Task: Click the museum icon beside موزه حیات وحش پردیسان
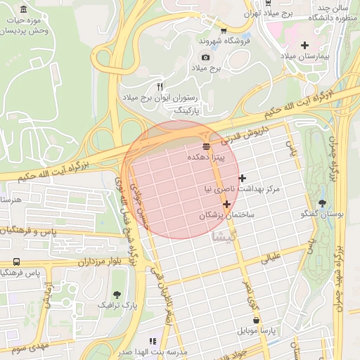point(25,11)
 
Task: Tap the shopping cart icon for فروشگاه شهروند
point(224,30)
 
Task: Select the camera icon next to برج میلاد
point(205,57)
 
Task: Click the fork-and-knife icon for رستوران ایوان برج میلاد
point(160,86)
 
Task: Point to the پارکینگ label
point(187,110)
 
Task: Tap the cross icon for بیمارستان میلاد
point(304,45)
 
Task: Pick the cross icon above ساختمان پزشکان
point(226,204)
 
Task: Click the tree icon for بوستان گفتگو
point(322,202)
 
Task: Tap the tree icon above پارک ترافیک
point(117,294)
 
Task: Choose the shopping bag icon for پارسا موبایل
point(257,320)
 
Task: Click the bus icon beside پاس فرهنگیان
point(6,272)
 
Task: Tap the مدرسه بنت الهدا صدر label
point(154,352)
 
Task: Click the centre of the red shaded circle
point(180,179)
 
